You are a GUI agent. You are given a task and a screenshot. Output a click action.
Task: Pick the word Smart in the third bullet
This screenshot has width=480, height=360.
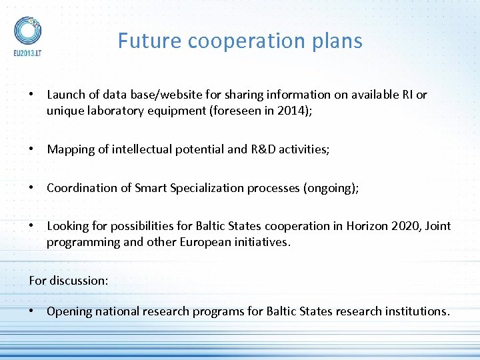click(151, 188)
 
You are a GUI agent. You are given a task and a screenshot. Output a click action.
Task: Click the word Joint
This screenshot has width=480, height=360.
click(437, 226)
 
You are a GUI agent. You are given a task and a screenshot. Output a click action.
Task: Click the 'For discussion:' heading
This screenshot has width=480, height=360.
click(68, 281)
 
